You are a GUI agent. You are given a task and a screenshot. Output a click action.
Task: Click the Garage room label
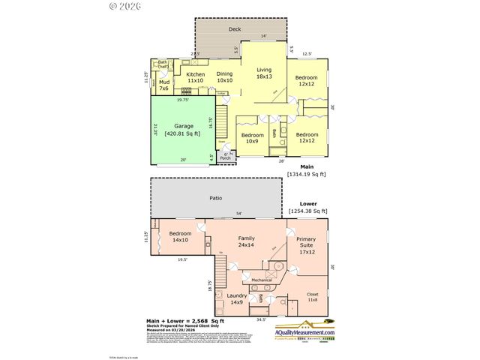point(184,125)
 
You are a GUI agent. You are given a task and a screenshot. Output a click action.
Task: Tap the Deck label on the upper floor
point(235,29)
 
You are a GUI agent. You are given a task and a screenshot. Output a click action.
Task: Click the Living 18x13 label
point(263,73)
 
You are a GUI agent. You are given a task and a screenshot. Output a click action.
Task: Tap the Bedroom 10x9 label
point(250,138)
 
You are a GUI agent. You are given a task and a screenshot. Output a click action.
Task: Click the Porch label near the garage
point(225,157)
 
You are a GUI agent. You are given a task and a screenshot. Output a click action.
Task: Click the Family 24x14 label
point(247,241)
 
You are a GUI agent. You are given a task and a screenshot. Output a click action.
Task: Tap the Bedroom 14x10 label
point(180,237)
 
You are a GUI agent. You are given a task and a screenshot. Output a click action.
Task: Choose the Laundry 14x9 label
point(237,299)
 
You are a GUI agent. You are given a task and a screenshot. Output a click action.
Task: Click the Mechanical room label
point(262,280)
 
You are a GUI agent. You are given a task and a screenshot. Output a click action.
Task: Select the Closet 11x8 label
point(313,297)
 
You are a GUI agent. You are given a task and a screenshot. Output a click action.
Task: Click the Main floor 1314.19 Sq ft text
point(307,170)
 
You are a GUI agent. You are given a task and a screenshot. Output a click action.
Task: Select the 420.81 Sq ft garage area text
point(184,132)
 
